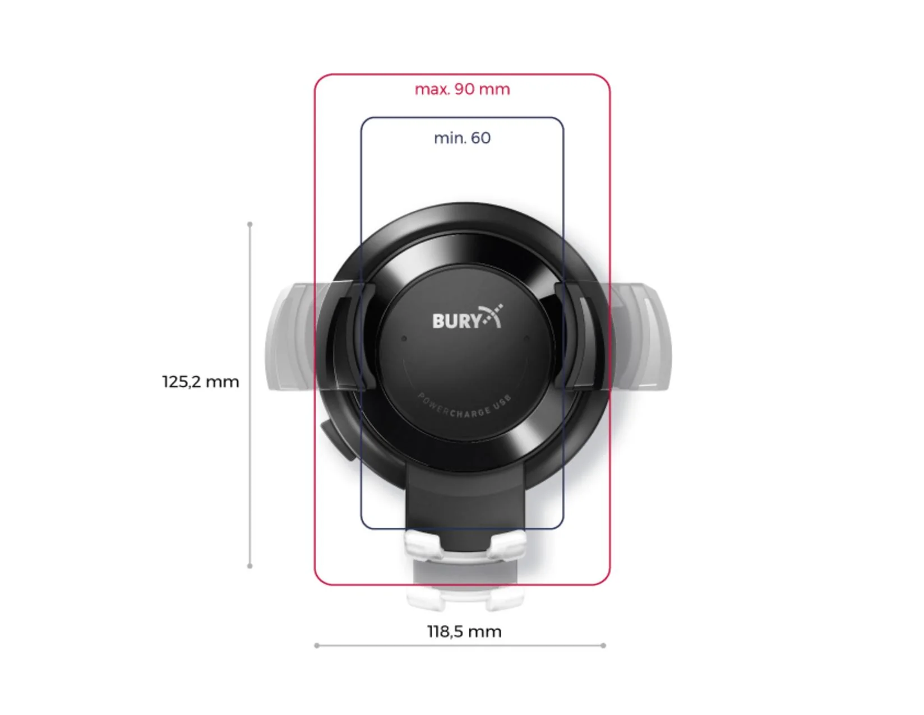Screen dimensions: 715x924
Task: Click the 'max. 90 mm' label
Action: [x=462, y=89]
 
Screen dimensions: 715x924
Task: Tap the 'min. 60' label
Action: [x=462, y=138]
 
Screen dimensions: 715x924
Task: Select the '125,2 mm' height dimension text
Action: [x=200, y=382]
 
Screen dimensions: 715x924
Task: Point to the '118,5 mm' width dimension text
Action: [x=464, y=632]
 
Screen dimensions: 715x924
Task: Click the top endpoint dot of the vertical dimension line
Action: [x=250, y=224]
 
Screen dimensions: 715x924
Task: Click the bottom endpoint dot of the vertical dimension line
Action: [x=250, y=566]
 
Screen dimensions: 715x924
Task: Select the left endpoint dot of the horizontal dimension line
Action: [x=317, y=646]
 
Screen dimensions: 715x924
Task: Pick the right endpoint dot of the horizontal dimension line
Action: [x=603, y=646]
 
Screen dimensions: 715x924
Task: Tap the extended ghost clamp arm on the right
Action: [x=645, y=336]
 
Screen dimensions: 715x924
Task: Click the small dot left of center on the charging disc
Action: [x=404, y=338]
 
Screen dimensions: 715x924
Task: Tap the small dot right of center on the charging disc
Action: [x=526, y=338]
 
